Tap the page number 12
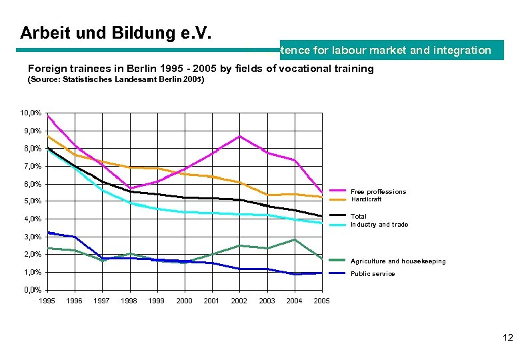pos(507,338)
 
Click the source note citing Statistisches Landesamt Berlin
pos(115,80)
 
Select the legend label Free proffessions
pos(378,192)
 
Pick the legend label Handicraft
pos(366,199)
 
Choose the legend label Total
pos(359,217)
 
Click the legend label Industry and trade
pos(379,225)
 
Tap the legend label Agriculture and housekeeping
pos(398,261)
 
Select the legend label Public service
pos(373,274)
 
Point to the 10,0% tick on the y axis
pos(31,113)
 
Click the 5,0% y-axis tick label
pos(31,201)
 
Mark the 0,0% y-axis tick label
pos(31,290)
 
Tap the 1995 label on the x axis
pos(47,301)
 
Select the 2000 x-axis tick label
pos(184,301)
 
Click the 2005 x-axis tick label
pos(321,301)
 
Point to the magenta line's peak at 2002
pos(239,136)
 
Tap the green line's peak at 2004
pos(294,239)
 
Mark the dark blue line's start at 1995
pos(47,232)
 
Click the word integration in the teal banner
pos(460,50)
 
